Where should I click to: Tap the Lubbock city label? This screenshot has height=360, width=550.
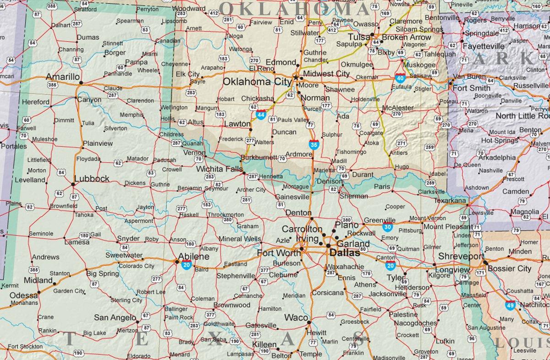[x=92, y=178]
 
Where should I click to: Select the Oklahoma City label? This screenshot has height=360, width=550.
[x=257, y=82]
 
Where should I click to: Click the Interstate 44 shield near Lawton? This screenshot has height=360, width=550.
[x=261, y=115]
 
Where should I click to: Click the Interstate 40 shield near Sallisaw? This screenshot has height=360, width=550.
[x=400, y=78]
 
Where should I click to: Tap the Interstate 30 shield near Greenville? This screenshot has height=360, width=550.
[x=388, y=227]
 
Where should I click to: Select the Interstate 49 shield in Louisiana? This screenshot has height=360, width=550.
[x=510, y=304]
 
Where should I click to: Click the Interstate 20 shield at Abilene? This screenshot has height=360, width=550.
[x=187, y=265]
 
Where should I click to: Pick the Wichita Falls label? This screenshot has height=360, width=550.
[x=220, y=169]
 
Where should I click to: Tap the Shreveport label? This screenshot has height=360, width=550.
[x=461, y=256]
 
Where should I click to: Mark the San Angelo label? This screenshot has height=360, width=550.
[x=115, y=317]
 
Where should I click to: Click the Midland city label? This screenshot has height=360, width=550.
[x=38, y=280]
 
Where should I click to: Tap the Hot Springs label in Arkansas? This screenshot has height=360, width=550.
[x=499, y=141]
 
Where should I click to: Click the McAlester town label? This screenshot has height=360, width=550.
[x=398, y=108]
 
